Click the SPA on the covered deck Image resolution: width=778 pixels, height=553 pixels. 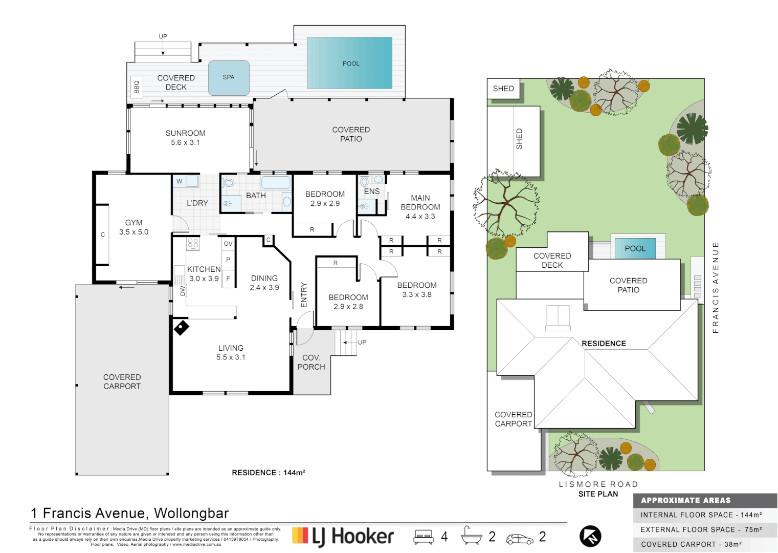pos(229,78)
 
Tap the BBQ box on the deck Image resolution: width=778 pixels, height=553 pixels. pos(137,87)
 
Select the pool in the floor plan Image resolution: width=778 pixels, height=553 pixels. pos(350,63)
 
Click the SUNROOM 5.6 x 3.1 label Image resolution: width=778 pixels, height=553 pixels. pos(185,138)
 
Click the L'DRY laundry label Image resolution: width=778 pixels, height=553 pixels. pos(197,203)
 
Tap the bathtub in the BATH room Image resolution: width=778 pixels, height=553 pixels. pos(275,182)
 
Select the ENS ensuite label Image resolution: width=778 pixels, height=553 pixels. pos(372,192)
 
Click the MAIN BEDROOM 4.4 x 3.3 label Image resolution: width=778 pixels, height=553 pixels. pos(420,207)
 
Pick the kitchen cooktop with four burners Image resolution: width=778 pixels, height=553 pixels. pos(193,243)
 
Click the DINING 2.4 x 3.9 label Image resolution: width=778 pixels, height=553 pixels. pos(264,283)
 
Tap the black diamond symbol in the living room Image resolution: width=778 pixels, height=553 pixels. pos(181,327)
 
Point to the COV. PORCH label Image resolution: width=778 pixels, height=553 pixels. pos(311,363)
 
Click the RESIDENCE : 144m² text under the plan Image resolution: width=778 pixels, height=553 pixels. pos(269,473)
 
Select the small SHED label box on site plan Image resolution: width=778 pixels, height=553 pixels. pos(503,89)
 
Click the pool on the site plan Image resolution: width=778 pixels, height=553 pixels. pos(635,248)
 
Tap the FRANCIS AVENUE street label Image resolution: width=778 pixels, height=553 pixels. pos(716,288)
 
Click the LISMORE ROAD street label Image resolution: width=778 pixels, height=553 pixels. pos(598,484)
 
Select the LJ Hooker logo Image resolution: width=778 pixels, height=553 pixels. pos(343,536)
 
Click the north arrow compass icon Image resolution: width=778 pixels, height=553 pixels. pos(590,537)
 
